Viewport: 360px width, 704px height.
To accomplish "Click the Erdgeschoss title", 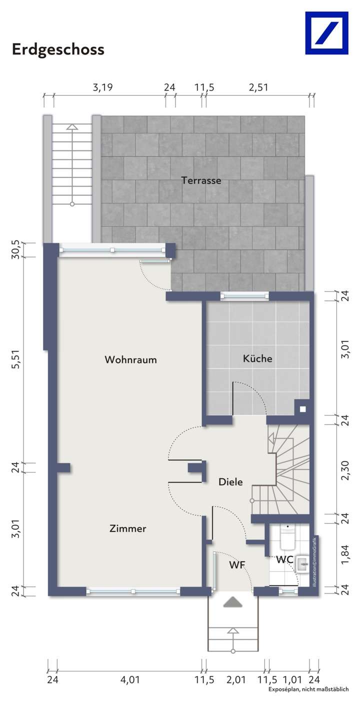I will point(58,49).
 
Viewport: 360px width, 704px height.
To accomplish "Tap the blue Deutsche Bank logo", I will point(326,33).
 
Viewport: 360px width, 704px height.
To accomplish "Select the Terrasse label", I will point(201,180).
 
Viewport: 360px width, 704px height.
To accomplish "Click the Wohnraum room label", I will point(130,359).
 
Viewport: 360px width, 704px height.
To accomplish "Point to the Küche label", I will point(257,358).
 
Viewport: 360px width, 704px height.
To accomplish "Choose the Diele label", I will point(230,482).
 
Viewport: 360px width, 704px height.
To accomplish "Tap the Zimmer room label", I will point(128,528).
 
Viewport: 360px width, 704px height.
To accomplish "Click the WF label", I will point(237,565).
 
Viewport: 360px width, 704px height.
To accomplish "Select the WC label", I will point(284,559).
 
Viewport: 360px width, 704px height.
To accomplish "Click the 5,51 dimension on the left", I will point(17,359).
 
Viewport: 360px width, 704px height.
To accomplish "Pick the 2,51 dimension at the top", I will point(258,87).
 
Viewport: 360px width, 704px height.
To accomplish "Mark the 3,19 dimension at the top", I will point(103,87).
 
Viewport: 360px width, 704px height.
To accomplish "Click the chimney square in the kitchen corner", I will point(302,408).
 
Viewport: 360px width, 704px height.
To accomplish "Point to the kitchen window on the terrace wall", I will point(245,296).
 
